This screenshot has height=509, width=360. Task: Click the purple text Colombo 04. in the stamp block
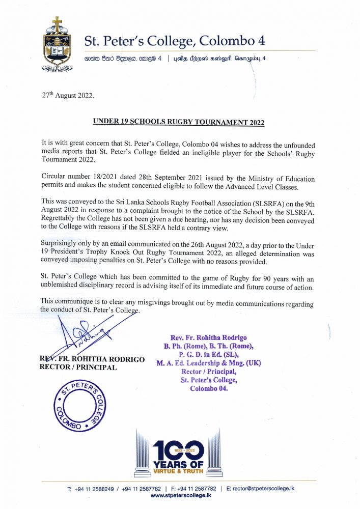point(209,388)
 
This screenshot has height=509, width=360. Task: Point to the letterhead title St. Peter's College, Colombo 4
point(174,41)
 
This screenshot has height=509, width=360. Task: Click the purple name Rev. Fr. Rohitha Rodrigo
point(209,337)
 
